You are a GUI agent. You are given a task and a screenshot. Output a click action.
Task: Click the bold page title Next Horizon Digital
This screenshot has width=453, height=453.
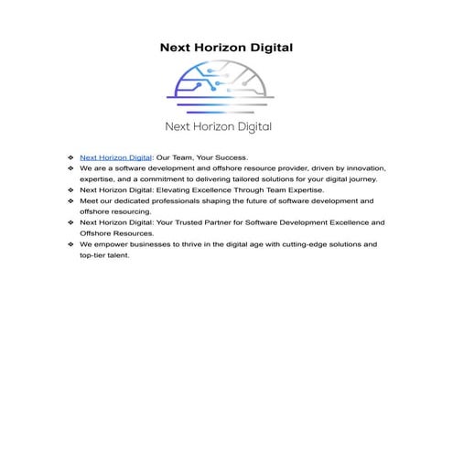click(226, 47)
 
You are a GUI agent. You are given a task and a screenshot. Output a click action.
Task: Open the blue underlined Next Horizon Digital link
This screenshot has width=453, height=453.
click(115, 157)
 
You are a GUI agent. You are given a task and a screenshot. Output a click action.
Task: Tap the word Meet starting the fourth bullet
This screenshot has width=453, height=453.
click(89, 201)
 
